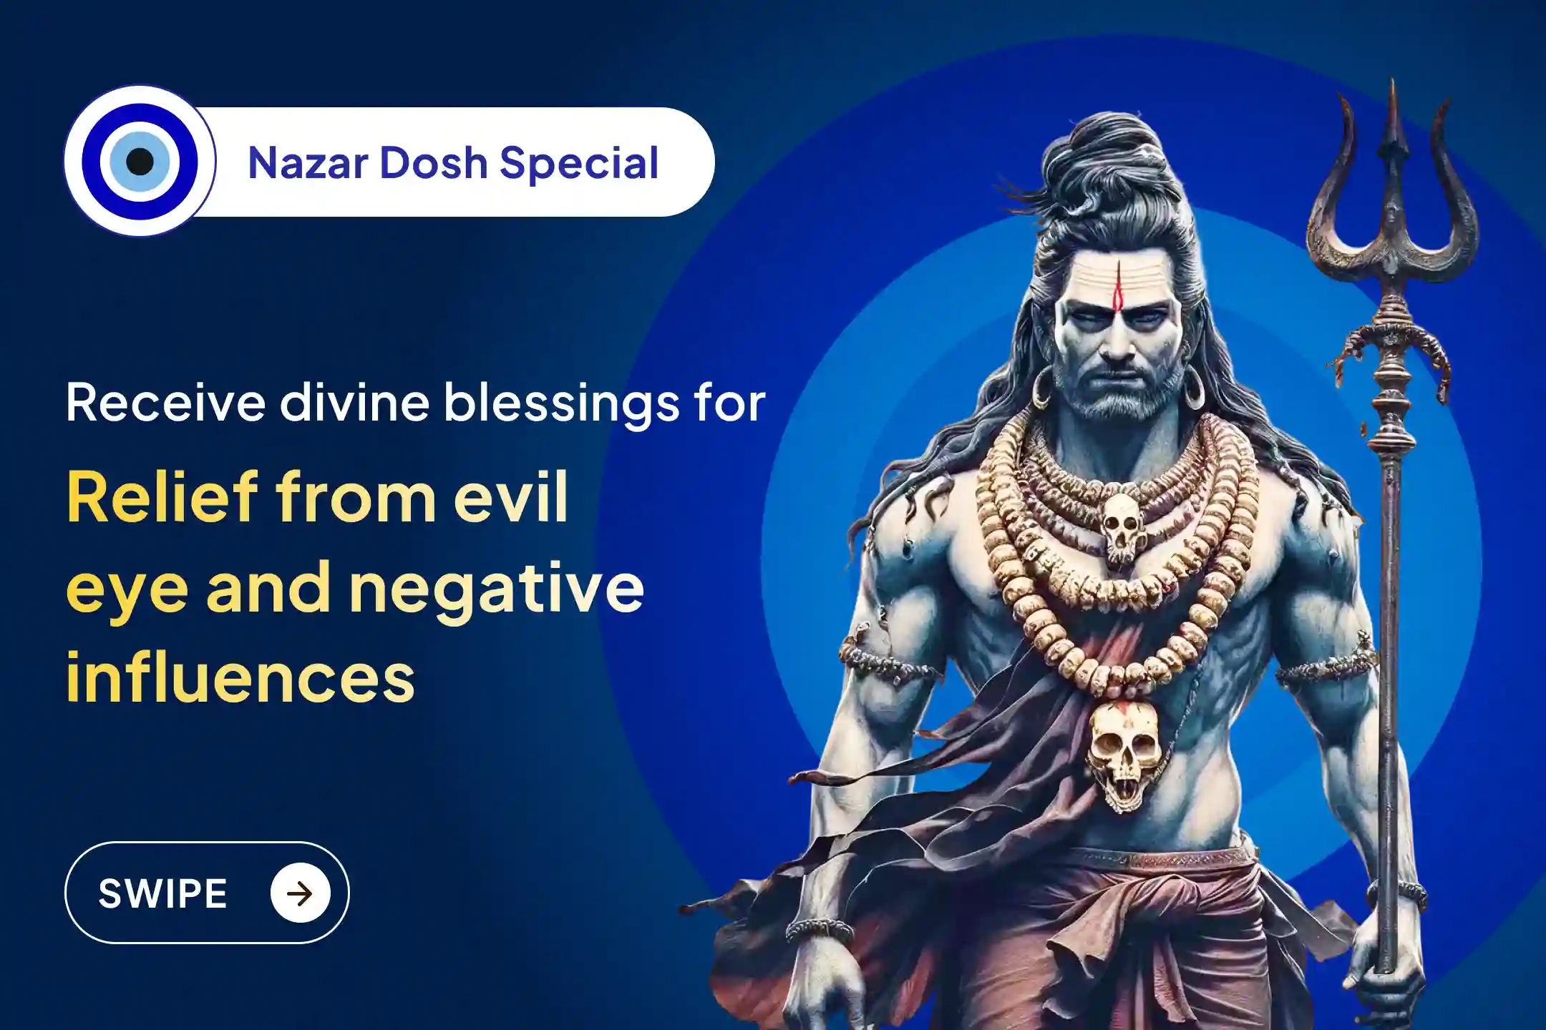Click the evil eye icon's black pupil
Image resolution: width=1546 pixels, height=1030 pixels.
(140, 162)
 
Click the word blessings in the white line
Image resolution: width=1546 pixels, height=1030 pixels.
(555, 404)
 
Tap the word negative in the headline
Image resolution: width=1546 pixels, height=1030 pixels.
(497, 589)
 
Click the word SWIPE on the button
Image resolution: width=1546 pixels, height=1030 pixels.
(162, 893)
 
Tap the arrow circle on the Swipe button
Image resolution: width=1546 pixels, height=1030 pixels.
(300, 893)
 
